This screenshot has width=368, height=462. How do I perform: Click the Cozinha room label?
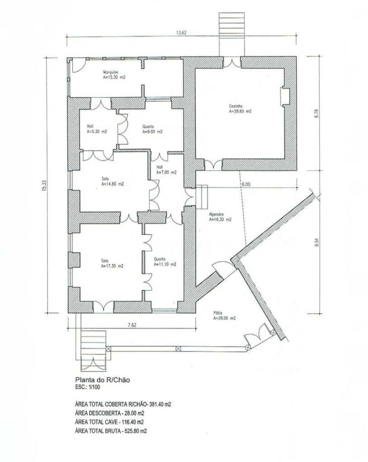[236, 106]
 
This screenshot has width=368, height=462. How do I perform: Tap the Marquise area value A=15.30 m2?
[114, 78]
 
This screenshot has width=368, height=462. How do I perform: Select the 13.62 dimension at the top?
[181, 33]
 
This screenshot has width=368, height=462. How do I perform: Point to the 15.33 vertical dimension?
[45, 185]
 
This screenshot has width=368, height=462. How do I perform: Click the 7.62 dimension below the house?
[132, 325]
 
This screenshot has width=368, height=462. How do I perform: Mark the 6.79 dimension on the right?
[316, 113]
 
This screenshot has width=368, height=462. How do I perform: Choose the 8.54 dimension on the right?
[316, 242]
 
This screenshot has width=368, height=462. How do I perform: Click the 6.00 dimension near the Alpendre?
[246, 184]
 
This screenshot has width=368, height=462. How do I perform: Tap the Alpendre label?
[216, 215]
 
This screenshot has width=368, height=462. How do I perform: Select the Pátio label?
[218, 313]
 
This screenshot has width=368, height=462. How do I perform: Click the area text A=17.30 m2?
[112, 266]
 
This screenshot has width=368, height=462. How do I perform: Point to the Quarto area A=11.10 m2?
[165, 264]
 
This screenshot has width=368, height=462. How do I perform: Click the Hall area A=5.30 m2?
[97, 132]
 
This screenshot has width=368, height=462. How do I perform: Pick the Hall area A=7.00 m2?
[166, 172]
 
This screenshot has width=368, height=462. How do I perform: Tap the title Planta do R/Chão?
[102, 380]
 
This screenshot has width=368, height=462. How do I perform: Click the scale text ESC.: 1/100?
[88, 387]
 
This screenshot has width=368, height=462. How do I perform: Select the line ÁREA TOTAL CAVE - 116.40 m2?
[110, 422]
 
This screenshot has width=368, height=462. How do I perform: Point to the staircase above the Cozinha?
[232, 34]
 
